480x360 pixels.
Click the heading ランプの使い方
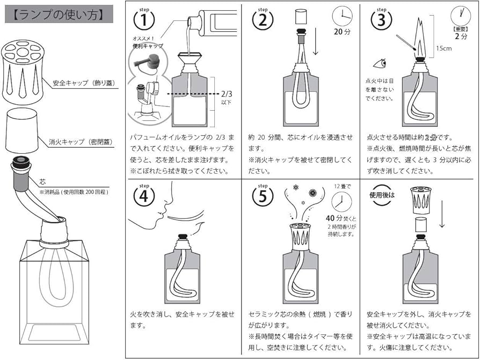59,15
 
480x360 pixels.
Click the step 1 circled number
143,21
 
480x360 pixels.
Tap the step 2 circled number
263,21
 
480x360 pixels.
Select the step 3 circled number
381,21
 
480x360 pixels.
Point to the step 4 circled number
143,196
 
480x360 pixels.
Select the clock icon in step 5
341,202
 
